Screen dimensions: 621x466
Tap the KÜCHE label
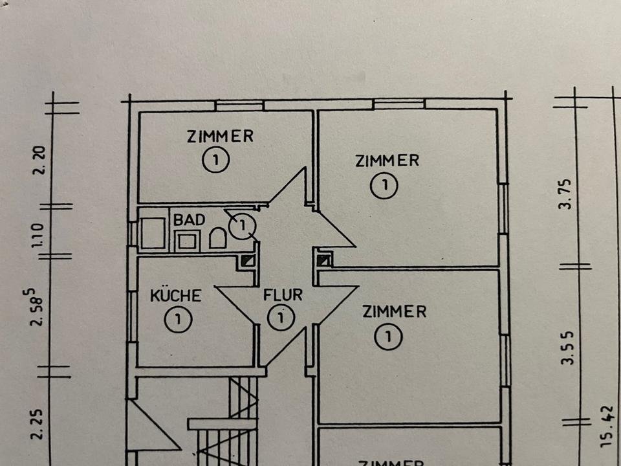click(176, 296)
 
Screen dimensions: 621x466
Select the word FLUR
click(283, 295)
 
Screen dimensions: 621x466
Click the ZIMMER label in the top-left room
click(220, 137)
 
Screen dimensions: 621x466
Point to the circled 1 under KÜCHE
click(176, 319)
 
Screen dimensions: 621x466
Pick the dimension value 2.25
click(39, 424)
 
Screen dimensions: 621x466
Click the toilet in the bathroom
click(217, 239)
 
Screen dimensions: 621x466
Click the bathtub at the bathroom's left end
click(153, 233)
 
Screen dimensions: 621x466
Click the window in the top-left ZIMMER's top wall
click(239, 105)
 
